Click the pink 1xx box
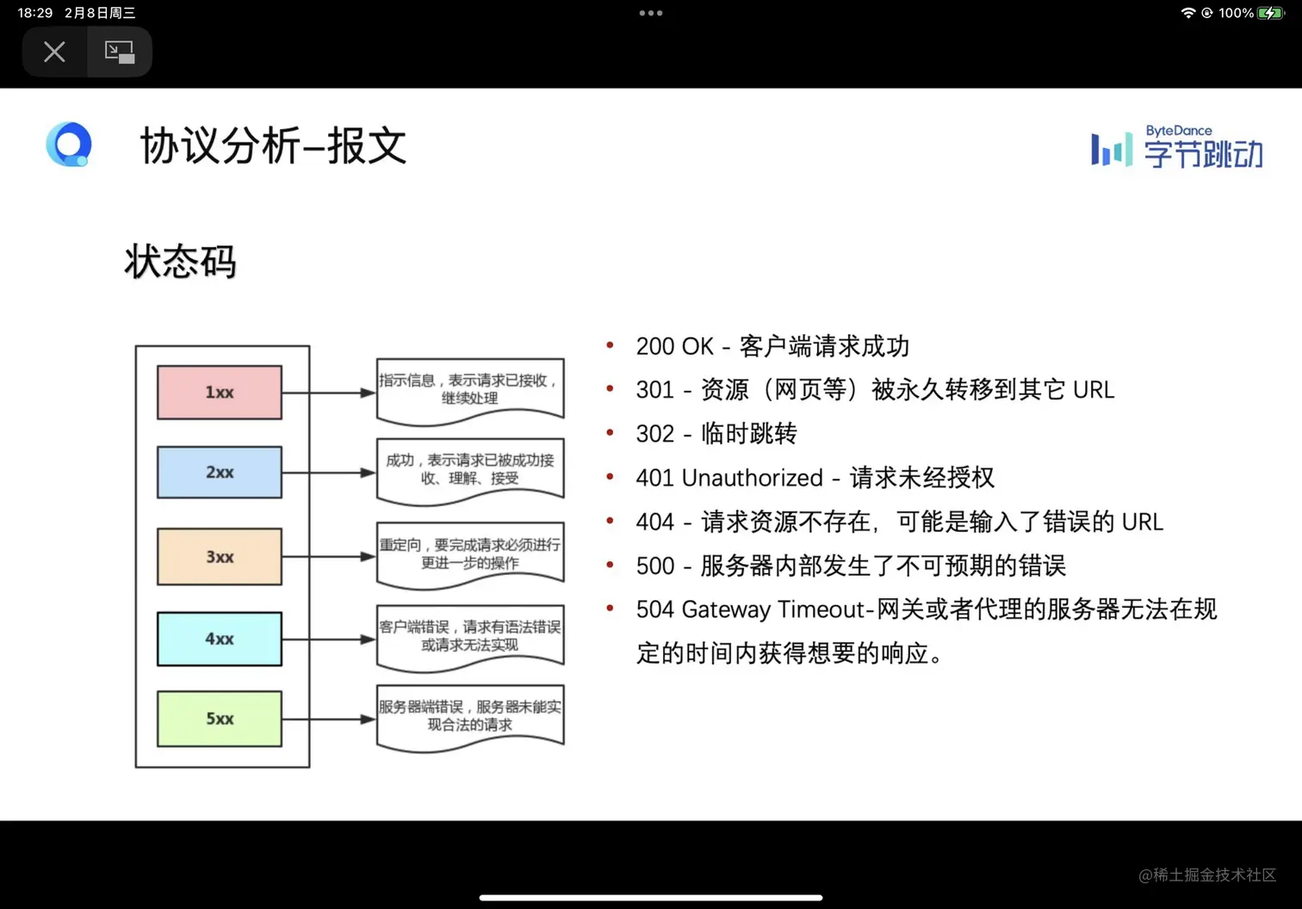[219, 393]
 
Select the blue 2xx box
[219, 472]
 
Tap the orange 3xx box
[219, 557]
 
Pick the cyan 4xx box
[219, 639]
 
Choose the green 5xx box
[219, 719]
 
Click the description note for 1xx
[470, 389]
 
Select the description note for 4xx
[470, 636]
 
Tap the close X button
[54, 52]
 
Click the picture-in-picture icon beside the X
[119, 52]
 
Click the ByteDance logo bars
[1111, 150]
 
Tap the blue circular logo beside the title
[69, 145]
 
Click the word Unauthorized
[752, 478]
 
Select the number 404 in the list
[654, 522]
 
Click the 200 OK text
[674, 346]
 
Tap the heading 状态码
[180, 262]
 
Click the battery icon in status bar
[1270, 13]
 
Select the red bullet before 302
[610, 433]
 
